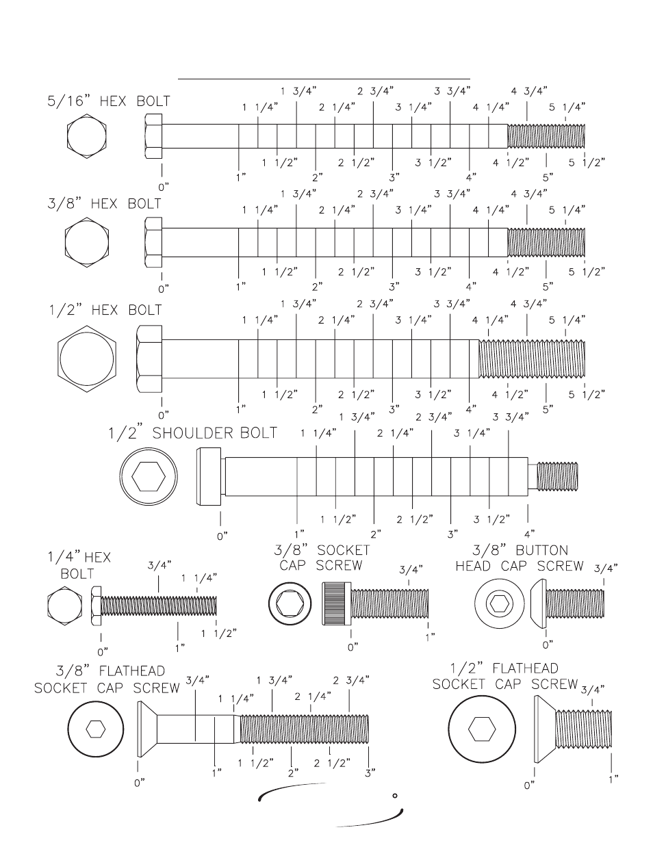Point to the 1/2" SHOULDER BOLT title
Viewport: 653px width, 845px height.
coord(192,433)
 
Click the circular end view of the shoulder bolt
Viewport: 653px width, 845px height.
coord(148,476)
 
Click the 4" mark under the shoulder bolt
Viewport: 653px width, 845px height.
coord(528,532)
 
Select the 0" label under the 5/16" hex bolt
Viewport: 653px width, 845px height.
coord(163,185)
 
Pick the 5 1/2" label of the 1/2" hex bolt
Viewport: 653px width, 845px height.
coord(587,394)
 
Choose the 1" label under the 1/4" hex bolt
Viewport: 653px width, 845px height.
coord(179,646)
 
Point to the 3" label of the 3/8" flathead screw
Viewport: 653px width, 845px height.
coord(370,772)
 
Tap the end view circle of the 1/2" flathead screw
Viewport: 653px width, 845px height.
coord(477,728)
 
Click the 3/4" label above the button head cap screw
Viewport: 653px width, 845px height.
coord(606,567)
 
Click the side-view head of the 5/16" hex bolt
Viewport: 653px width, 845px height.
coord(153,136)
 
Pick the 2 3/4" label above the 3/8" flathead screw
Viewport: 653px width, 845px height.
coord(351,679)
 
